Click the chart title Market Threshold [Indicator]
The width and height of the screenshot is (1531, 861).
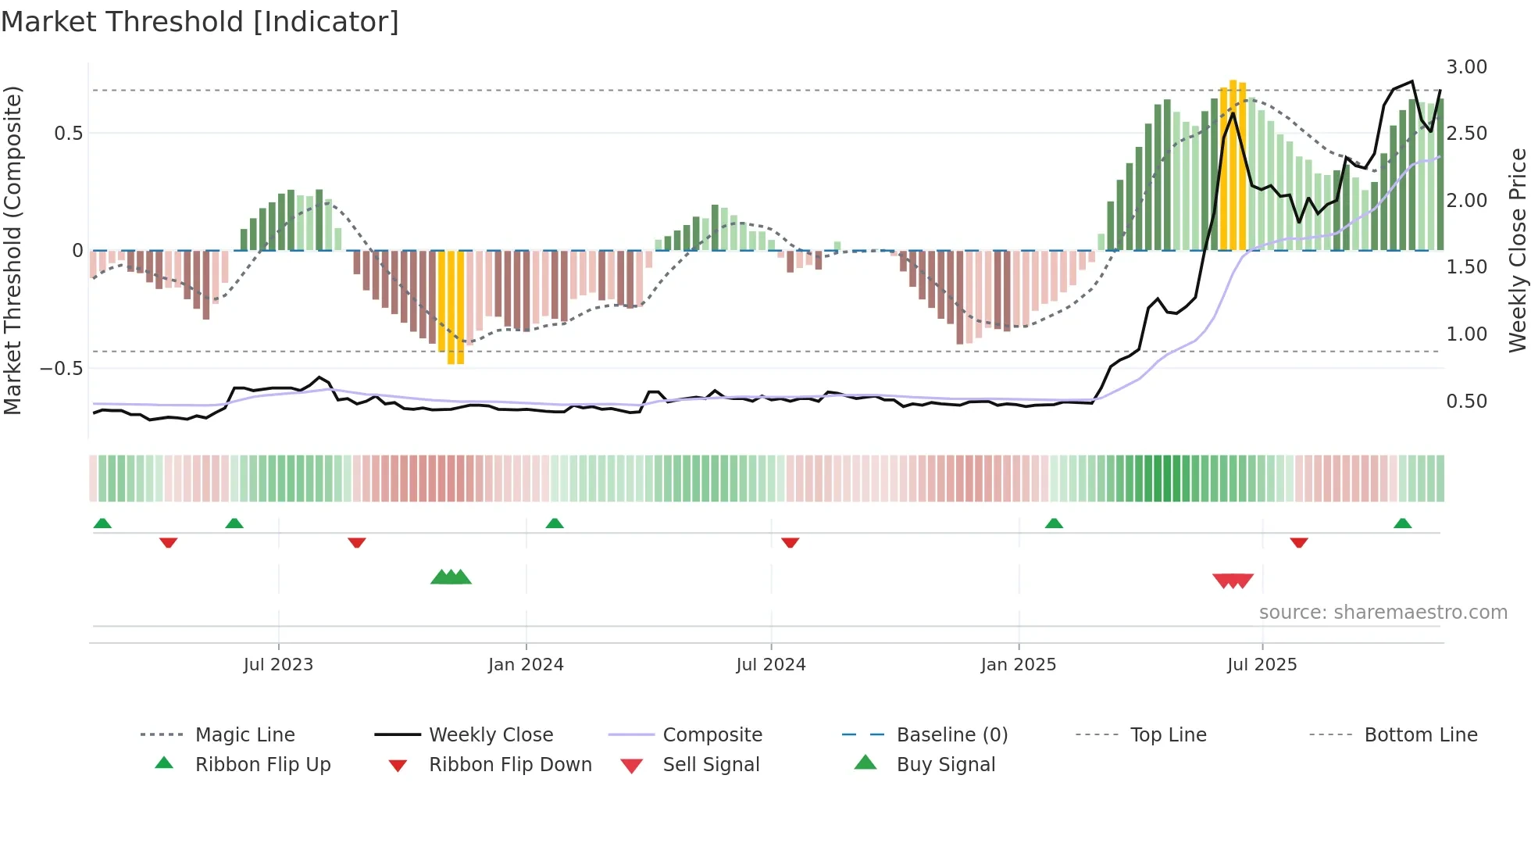[200, 22]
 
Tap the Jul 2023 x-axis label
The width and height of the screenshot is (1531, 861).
[278, 665]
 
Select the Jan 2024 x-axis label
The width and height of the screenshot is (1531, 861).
[526, 665]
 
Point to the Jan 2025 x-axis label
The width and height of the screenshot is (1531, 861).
[1019, 665]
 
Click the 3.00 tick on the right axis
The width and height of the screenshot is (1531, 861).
[1466, 67]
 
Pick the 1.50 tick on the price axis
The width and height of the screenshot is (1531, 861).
[1466, 267]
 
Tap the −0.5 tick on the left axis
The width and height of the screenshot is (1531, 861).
[62, 368]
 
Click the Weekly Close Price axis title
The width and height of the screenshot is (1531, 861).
[1516, 250]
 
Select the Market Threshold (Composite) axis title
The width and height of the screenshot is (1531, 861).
[12, 250]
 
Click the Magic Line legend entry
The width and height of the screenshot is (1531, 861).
[244, 735]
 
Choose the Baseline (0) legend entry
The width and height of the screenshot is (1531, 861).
[951, 735]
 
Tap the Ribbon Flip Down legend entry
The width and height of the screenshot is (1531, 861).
[509, 765]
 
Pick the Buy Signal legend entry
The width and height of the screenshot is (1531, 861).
[945, 765]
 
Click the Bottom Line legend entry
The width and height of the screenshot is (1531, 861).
[1420, 735]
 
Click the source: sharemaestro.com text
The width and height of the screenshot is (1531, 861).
[1383, 613]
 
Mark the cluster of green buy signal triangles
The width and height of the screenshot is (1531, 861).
[451, 577]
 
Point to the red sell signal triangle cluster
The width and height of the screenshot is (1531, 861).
[1233, 581]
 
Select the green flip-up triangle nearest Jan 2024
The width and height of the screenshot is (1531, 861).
[555, 523]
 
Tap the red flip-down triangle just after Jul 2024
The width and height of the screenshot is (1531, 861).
[790, 542]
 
